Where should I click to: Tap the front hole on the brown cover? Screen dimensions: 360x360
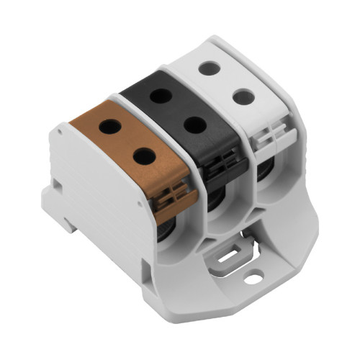(x=144, y=155)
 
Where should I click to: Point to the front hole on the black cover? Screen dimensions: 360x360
(x=194, y=124)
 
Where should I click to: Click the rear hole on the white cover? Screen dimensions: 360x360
(x=209, y=68)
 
